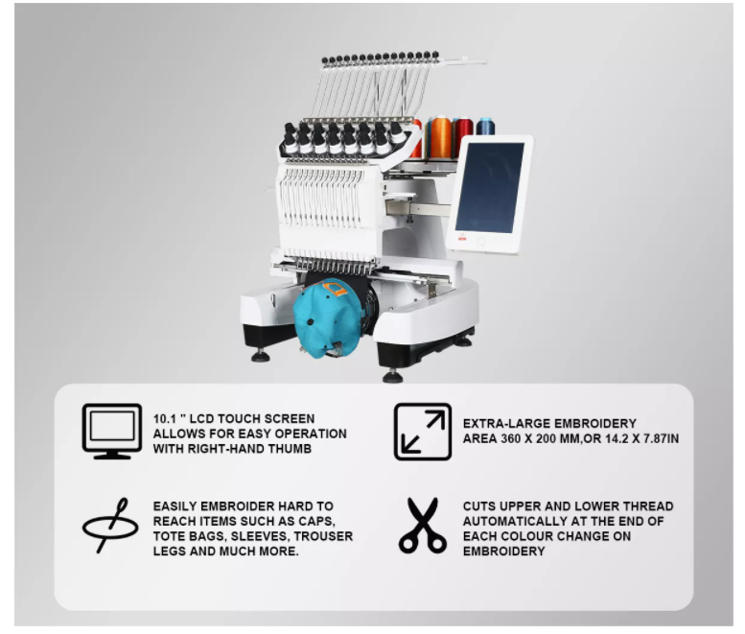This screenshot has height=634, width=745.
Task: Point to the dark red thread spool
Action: [x=464, y=134]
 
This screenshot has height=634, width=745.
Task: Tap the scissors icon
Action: [x=423, y=526]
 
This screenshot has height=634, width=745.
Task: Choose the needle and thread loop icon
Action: [x=110, y=524]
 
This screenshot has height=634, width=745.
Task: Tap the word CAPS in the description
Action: [x=328, y=521]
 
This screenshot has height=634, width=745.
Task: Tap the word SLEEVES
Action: [x=246, y=536]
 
